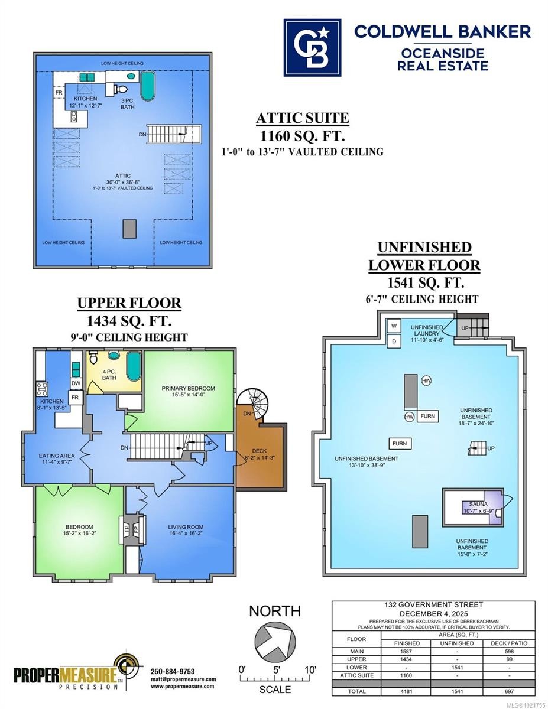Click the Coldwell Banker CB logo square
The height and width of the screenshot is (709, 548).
(312, 47)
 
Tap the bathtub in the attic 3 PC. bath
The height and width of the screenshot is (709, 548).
(147, 86)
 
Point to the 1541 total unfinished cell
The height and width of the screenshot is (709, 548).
(458, 691)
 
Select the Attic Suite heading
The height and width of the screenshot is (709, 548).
(302, 118)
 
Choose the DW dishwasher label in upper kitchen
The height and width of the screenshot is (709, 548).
(76, 383)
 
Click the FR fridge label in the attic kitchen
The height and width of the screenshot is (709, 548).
(59, 93)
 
